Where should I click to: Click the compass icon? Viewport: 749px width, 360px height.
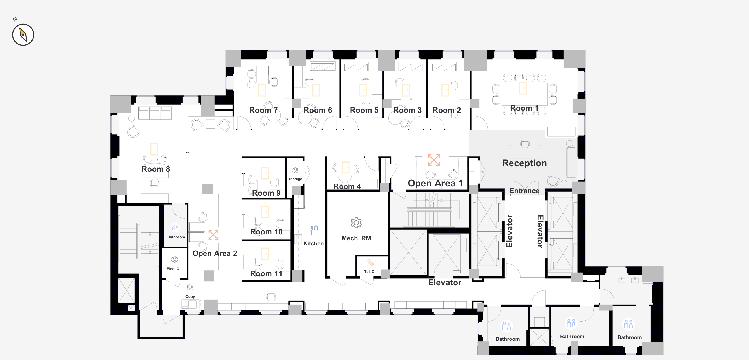(23, 35)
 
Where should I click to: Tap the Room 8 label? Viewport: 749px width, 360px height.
(156, 169)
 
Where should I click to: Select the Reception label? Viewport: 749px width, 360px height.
(524, 163)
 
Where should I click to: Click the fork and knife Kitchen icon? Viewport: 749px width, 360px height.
(314, 230)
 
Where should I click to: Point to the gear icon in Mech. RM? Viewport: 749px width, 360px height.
(356, 223)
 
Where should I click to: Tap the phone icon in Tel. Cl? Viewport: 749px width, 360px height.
(370, 262)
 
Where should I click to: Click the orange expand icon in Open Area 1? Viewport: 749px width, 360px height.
(433, 160)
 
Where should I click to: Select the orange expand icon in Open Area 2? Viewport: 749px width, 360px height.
(213, 235)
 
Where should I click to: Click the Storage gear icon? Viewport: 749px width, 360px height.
(295, 170)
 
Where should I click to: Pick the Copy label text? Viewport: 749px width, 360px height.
(190, 296)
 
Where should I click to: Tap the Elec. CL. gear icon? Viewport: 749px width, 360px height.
(174, 259)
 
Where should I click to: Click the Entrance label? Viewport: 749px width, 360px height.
(524, 191)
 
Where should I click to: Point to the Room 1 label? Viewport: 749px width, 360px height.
(524, 108)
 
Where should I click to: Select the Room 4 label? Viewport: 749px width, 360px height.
(347, 186)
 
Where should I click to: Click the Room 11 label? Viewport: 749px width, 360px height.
(266, 273)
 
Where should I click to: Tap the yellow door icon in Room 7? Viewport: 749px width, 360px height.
(262, 90)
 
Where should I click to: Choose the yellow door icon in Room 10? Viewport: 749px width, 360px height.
(265, 212)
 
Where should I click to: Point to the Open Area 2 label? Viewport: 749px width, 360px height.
(215, 253)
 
